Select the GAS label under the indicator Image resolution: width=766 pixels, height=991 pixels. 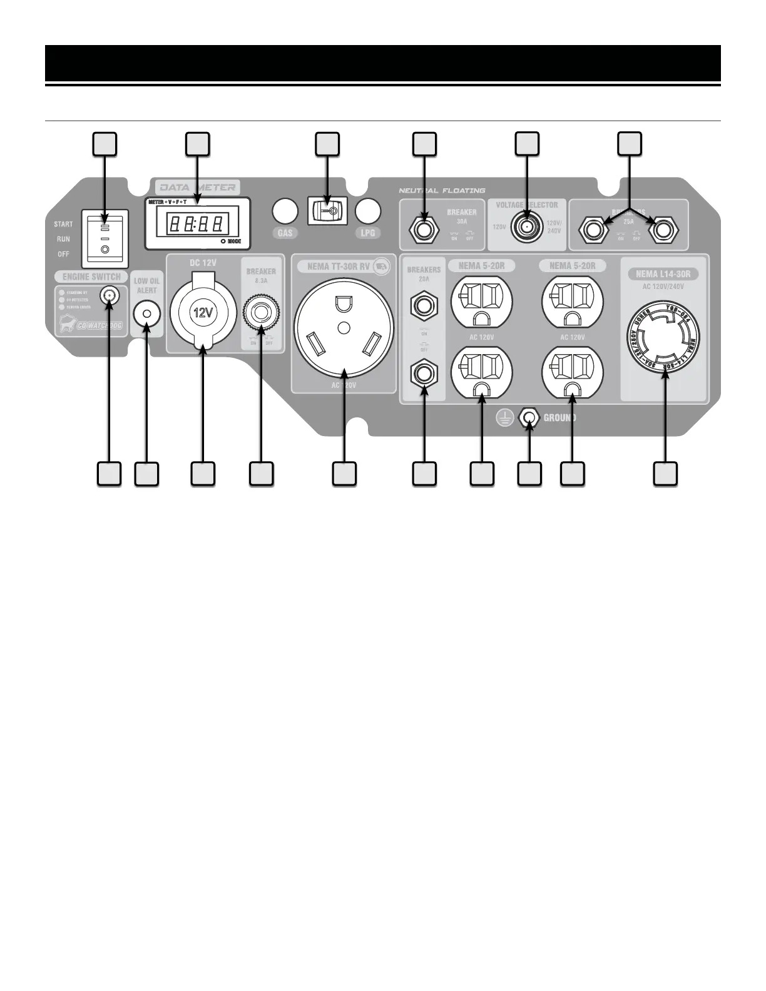pyautogui.click(x=285, y=233)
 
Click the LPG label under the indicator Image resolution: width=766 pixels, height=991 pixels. pyautogui.click(x=367, y=233)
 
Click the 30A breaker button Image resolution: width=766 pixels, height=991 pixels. pyautogui.click(x=425, y=230)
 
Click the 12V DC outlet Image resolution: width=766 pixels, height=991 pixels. pyautogui.click(x=203, y=313)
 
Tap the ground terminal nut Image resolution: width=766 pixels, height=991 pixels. pyautogui.click(x=529, y=418)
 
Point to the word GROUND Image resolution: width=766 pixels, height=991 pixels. pyautogui.click(x=559, y=418)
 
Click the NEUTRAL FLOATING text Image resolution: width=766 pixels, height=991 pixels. pyautogui.click(x=442, y=190)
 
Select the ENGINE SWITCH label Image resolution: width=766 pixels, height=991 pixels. pyautogui.click(x=91, y=277)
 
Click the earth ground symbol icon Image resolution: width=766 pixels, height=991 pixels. pyautogui.click(x=505, y=418)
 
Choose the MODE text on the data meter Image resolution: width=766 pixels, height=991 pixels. pyautogui.click(x=234, y=241)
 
